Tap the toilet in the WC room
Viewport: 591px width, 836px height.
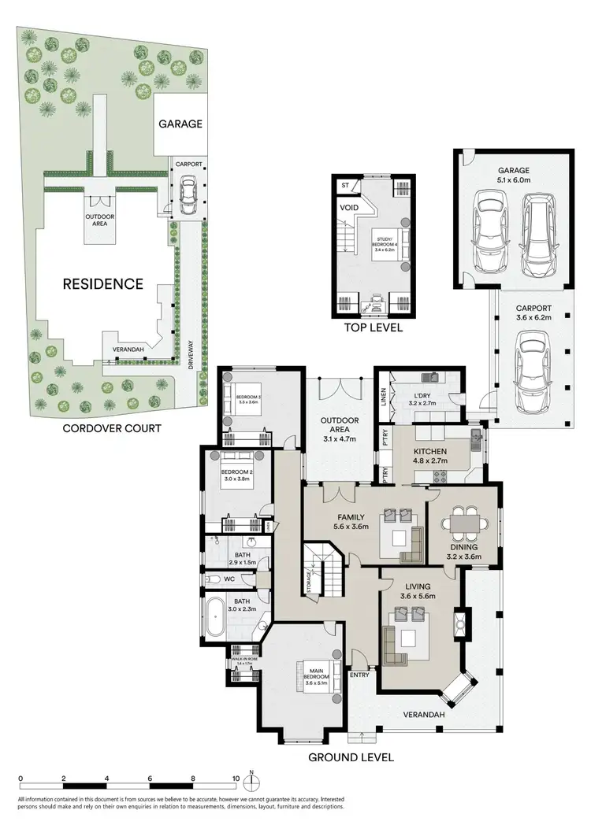pos(213,579)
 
